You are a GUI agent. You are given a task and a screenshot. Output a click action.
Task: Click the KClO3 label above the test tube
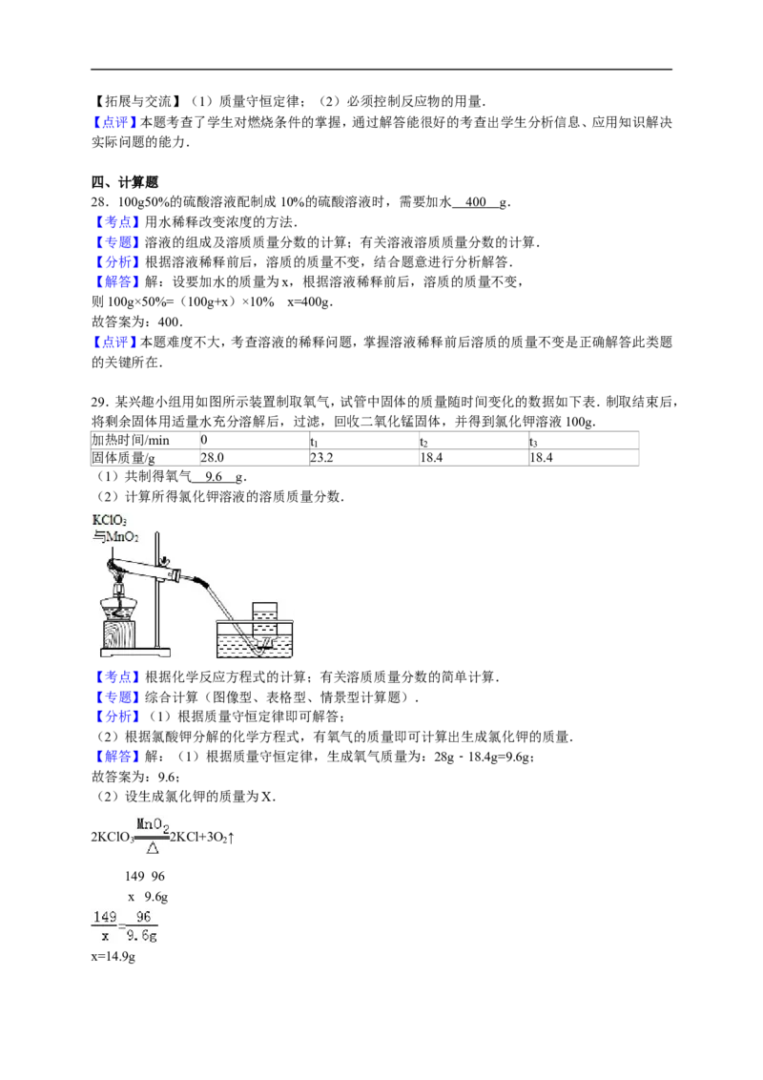pyautogui.click(x=110, y=521)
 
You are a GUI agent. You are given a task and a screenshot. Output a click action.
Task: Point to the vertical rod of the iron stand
pyautogui.click(x=158, y=592)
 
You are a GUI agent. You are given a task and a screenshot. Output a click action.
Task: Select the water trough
pyautogui.click(x=256, y=641)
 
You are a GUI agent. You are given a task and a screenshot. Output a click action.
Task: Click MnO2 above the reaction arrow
pyautogui.click(x=153, y=823)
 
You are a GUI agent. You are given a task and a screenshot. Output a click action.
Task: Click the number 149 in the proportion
pyautogui.click(x=105, y=918)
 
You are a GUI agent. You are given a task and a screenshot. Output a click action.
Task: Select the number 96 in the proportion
pyautogui.click(x=143, y=918)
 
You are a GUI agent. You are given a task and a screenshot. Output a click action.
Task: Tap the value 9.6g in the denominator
pyautogui.click(x=143, y=937)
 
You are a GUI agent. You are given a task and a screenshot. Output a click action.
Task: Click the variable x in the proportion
pyautogui.click(x=105, y=937)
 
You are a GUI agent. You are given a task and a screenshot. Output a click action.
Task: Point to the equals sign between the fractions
pyautogui.click(x=124, y=927)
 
